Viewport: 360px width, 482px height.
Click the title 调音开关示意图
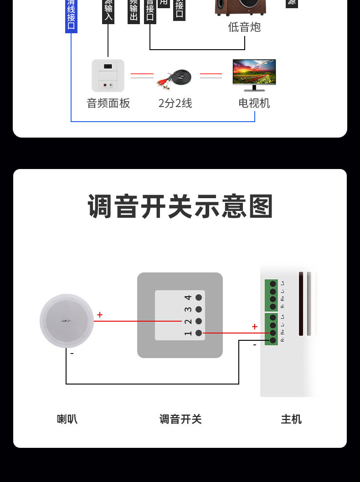pyautogui.click(x=180, y=206)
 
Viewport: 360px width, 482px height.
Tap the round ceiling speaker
pyautogui.click(x=67, y=321)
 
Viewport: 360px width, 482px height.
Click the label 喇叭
pyautogui.click(x=67, y=419)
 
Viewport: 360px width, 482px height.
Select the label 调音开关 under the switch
pyautogui.click(x=180, y=419)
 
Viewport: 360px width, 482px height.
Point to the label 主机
pyautogui.click(x=291, y=419)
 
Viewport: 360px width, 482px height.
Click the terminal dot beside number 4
pyautogui.click(x=199, y=297)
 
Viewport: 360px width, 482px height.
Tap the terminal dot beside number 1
pyautogui.click(x=199, y=333)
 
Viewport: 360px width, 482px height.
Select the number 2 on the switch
pyautogui.click(x=188, y=322)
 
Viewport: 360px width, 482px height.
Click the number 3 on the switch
pyautogui.click(x=188, y=310)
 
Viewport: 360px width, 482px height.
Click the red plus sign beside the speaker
pyautogui.click(x=100, y=315)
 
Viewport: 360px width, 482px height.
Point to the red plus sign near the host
pyautogui.click(x=254, y=327)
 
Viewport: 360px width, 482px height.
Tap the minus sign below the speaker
pyautogui.click(x=72, y=353)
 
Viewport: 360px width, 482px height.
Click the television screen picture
pyautogui.click(x=254, y=73)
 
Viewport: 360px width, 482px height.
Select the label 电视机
pyautogui.click(x=254, y=103)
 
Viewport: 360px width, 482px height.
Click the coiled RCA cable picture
pyautogui.click(x=175, y=78)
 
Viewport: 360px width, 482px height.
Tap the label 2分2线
pyautogui.click(x=175, y=103)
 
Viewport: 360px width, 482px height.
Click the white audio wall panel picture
pyautogui.click(x=108, y=76)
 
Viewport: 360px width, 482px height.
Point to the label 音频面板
pyautogui.click(x=108, y=103)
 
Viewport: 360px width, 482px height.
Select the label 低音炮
pyautogui.click(x=244, y=27)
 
